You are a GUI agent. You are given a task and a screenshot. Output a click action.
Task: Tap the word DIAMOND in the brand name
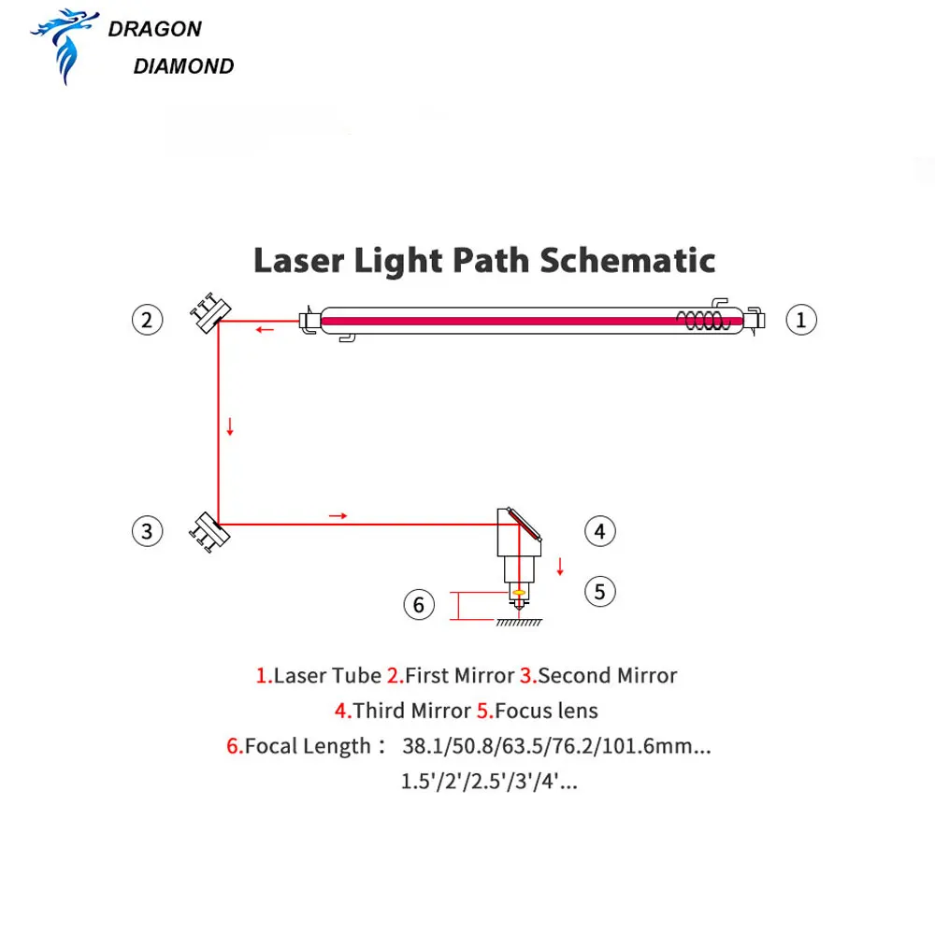(x=183, y=66)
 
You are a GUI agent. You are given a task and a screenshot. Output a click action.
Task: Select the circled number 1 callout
(x=800, y=320)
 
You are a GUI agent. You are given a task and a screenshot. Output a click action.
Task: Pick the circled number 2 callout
(x=147, y=320)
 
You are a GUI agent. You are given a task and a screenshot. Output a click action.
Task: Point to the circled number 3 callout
(x=147, y=532)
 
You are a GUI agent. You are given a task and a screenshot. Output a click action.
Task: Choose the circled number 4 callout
(x=600, y=532)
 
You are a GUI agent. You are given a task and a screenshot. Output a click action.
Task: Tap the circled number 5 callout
(x=600, y=591)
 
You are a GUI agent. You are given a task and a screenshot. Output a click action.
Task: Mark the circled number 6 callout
(x=418, y=605)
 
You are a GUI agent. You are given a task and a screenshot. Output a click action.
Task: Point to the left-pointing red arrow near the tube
(x=266, y=329)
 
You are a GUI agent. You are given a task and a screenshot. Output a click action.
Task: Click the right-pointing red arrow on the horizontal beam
(x=338, y=515)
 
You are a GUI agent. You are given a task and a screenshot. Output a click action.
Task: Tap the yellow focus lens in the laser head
(x=515, y=592)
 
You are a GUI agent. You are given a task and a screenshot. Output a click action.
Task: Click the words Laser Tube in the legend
(x=327, y=675)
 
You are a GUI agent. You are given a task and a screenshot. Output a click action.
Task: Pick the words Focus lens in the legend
(x=546, y=711)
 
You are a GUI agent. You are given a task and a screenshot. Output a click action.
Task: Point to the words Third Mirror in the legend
(x=411, y=711)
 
